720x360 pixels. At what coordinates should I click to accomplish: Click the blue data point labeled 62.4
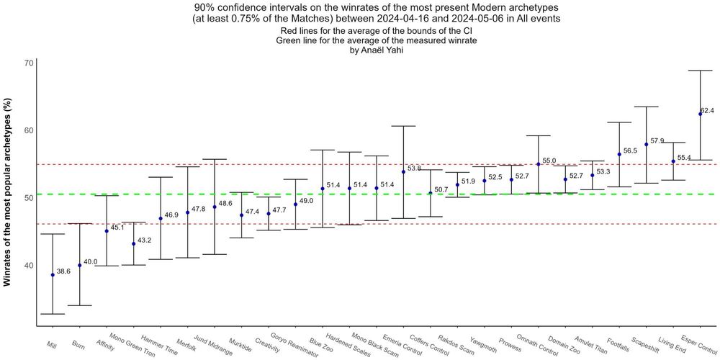(700, 114)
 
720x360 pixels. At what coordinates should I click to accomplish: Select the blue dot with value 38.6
(53, 275)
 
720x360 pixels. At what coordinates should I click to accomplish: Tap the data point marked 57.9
(646, 144)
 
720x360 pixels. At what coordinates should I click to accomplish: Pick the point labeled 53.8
(403, 172)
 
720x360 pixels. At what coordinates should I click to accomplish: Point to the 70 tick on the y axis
(29, 63)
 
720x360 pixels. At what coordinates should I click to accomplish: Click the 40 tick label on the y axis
(29, 265)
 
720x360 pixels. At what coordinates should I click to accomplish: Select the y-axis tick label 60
(29, 130)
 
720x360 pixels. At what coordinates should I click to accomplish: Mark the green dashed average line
(216, 194)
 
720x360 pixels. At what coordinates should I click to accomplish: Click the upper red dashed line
(216, 164)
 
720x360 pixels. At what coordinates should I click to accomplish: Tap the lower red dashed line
(216, 224)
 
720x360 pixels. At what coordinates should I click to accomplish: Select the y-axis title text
(9, 194)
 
